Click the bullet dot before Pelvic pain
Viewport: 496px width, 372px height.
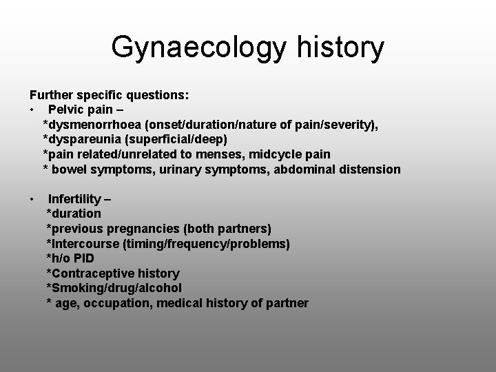point(32,109)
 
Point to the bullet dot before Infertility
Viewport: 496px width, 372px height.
point(32,199)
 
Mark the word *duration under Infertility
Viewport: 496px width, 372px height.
point(73,214)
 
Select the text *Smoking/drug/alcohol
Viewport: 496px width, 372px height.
point(114,288)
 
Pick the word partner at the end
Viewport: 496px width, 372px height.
point(289,303)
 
